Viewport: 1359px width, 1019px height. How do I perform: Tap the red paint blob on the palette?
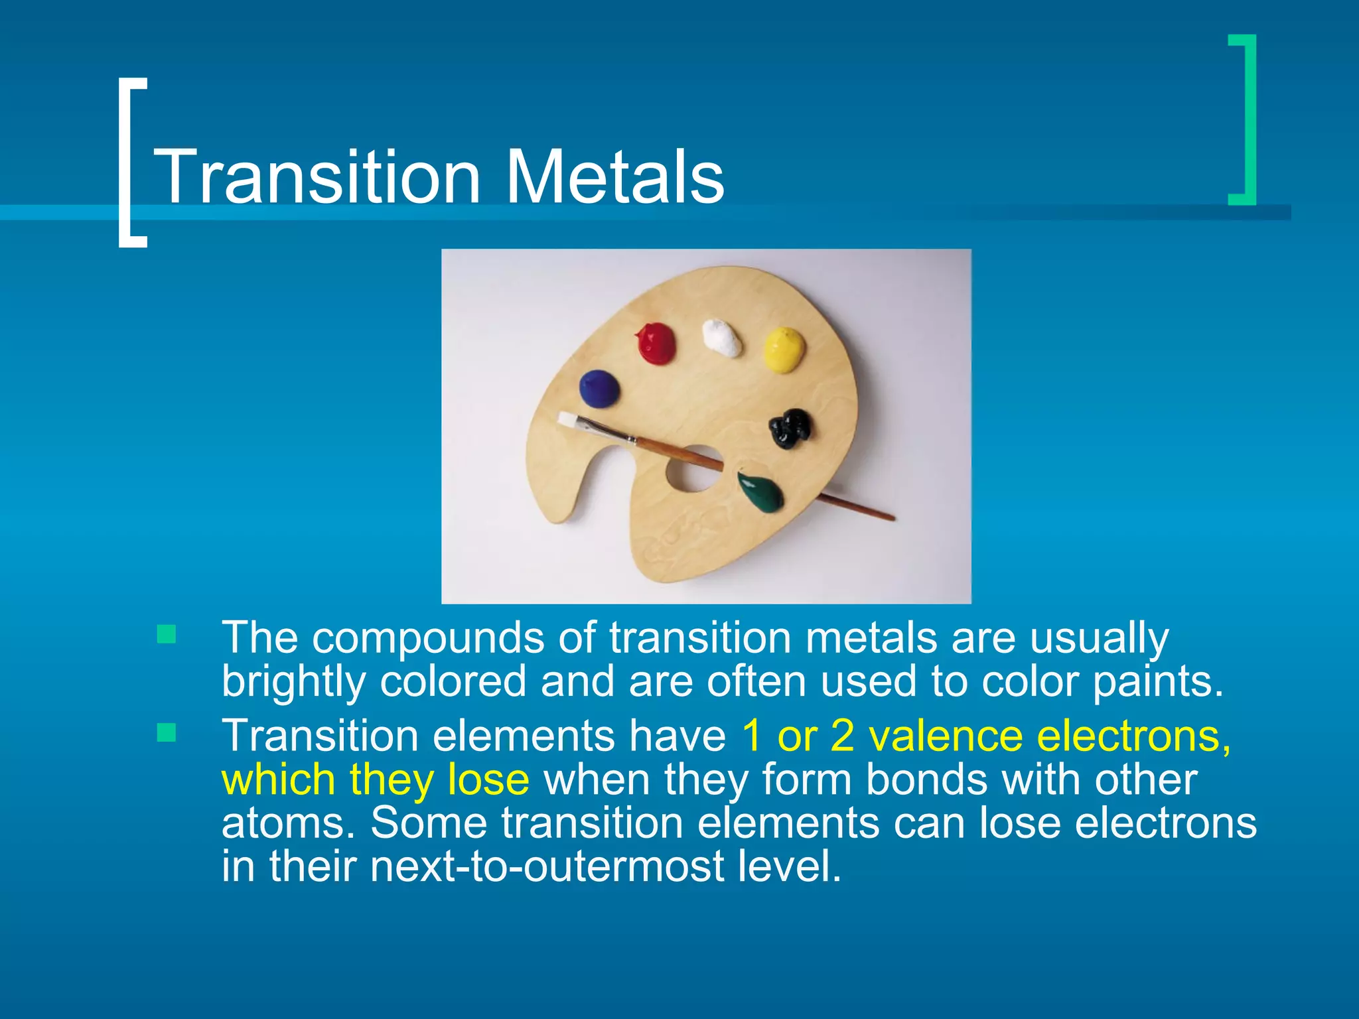656,343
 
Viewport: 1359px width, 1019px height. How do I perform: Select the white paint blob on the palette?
723,338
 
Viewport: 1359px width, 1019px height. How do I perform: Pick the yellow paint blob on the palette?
784,348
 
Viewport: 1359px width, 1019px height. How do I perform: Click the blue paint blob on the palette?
599,389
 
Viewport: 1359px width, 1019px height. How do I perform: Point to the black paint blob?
790,428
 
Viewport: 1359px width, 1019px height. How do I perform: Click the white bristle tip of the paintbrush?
567,419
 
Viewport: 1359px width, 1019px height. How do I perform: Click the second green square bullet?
167,732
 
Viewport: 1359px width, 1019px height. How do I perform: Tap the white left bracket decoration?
131,163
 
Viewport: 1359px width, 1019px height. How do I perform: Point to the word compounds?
428,638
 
